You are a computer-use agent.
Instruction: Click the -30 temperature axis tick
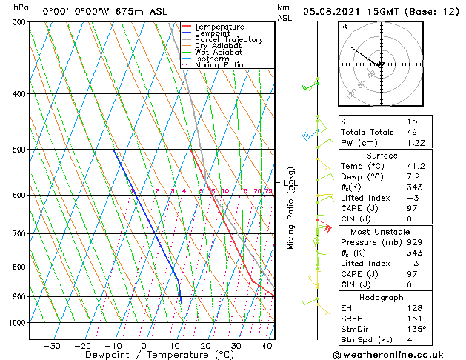(52, 345)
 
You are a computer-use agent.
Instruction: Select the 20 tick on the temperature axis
(205, 345)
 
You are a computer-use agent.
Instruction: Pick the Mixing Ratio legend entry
(219, 65)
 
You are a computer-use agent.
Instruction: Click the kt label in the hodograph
(344, 27)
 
